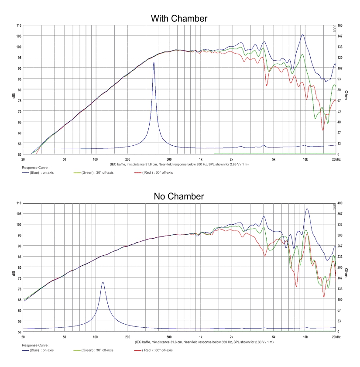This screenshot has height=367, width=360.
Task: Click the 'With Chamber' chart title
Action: (179, 18)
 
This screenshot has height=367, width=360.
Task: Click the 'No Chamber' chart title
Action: (179, 196)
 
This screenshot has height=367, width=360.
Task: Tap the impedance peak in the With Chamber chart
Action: (154, 63)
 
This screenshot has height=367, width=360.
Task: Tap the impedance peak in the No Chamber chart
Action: (103, 282)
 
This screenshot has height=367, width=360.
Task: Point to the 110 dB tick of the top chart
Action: (18, 25)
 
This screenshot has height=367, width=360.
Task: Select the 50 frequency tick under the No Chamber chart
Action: (64, 337)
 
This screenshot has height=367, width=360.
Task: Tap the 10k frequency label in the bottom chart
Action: (305, 337)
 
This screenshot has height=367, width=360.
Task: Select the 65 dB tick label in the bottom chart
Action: (19, 300)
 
